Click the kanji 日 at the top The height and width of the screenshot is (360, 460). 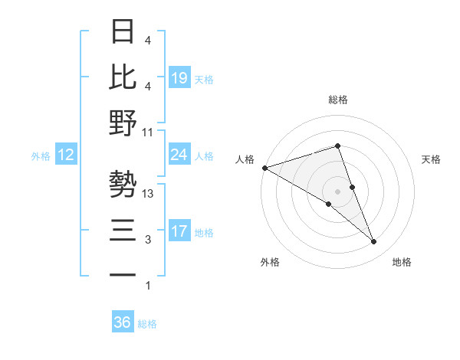[x=123, y=31]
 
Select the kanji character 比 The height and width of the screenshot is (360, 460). [x=123, y=76]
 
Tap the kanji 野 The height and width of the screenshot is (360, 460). [x=123, y=123]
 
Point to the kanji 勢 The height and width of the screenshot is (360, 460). [x=123, y=184]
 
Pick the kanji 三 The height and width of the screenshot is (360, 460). [x=123, y=230]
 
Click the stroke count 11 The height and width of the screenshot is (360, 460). [x=148, y=132]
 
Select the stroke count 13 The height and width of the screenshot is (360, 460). [x=148, y=194]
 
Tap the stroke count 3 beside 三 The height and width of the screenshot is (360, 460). [x=148, y=240]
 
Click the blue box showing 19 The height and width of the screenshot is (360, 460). [x=179, y=77]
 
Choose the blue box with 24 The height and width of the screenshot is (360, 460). [x=179, y=155]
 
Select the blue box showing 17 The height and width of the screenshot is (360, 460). [x=179, y=231]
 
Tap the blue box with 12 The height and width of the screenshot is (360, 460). [x=66, y=155]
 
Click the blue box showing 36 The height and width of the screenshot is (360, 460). [x=122, y=322]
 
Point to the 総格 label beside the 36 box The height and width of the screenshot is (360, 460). [x=148, y=324]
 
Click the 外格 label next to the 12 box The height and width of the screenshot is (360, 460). [x=41, y=156]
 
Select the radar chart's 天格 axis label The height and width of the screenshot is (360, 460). [x=432, y=159]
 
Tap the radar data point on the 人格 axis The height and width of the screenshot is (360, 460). [x=264, y=167]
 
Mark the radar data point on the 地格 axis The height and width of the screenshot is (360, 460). [x=374, y=242]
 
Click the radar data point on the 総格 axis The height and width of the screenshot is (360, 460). [x=338, y=146]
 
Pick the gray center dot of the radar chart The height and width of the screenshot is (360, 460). [x=338, y=191]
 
